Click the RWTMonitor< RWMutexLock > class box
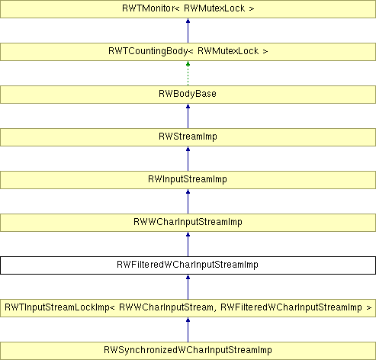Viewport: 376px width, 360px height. [188, 9]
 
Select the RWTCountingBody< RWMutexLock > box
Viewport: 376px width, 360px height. [188, 52]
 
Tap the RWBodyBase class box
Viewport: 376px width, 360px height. [188, 95]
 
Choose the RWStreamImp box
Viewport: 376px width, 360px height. [188, 137]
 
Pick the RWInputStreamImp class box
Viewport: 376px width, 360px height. [188, 180]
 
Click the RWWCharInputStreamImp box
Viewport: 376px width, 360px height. [188, 223]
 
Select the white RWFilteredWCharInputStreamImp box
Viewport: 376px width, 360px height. [188, 265]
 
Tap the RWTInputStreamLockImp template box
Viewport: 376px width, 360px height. [188, 308]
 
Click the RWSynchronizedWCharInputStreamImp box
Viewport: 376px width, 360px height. [188, 351]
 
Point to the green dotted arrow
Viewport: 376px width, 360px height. [188, 73]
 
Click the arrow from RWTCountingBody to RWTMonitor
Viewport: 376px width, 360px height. [188, 31]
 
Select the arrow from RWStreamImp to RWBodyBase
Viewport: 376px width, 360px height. [188, 116]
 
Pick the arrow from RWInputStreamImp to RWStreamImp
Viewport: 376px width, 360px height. [188, 159]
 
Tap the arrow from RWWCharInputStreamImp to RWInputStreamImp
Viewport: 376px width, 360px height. [188, 201]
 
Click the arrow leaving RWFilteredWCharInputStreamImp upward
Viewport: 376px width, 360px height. [188, 244]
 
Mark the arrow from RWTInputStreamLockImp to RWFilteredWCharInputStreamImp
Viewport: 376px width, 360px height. [188, 287]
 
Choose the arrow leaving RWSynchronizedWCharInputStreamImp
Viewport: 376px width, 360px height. [188, 329]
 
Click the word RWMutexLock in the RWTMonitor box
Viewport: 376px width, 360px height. [214, 8]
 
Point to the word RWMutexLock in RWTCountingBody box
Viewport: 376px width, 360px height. [228, 51]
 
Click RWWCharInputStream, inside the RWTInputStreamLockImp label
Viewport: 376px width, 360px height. [166, 307]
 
